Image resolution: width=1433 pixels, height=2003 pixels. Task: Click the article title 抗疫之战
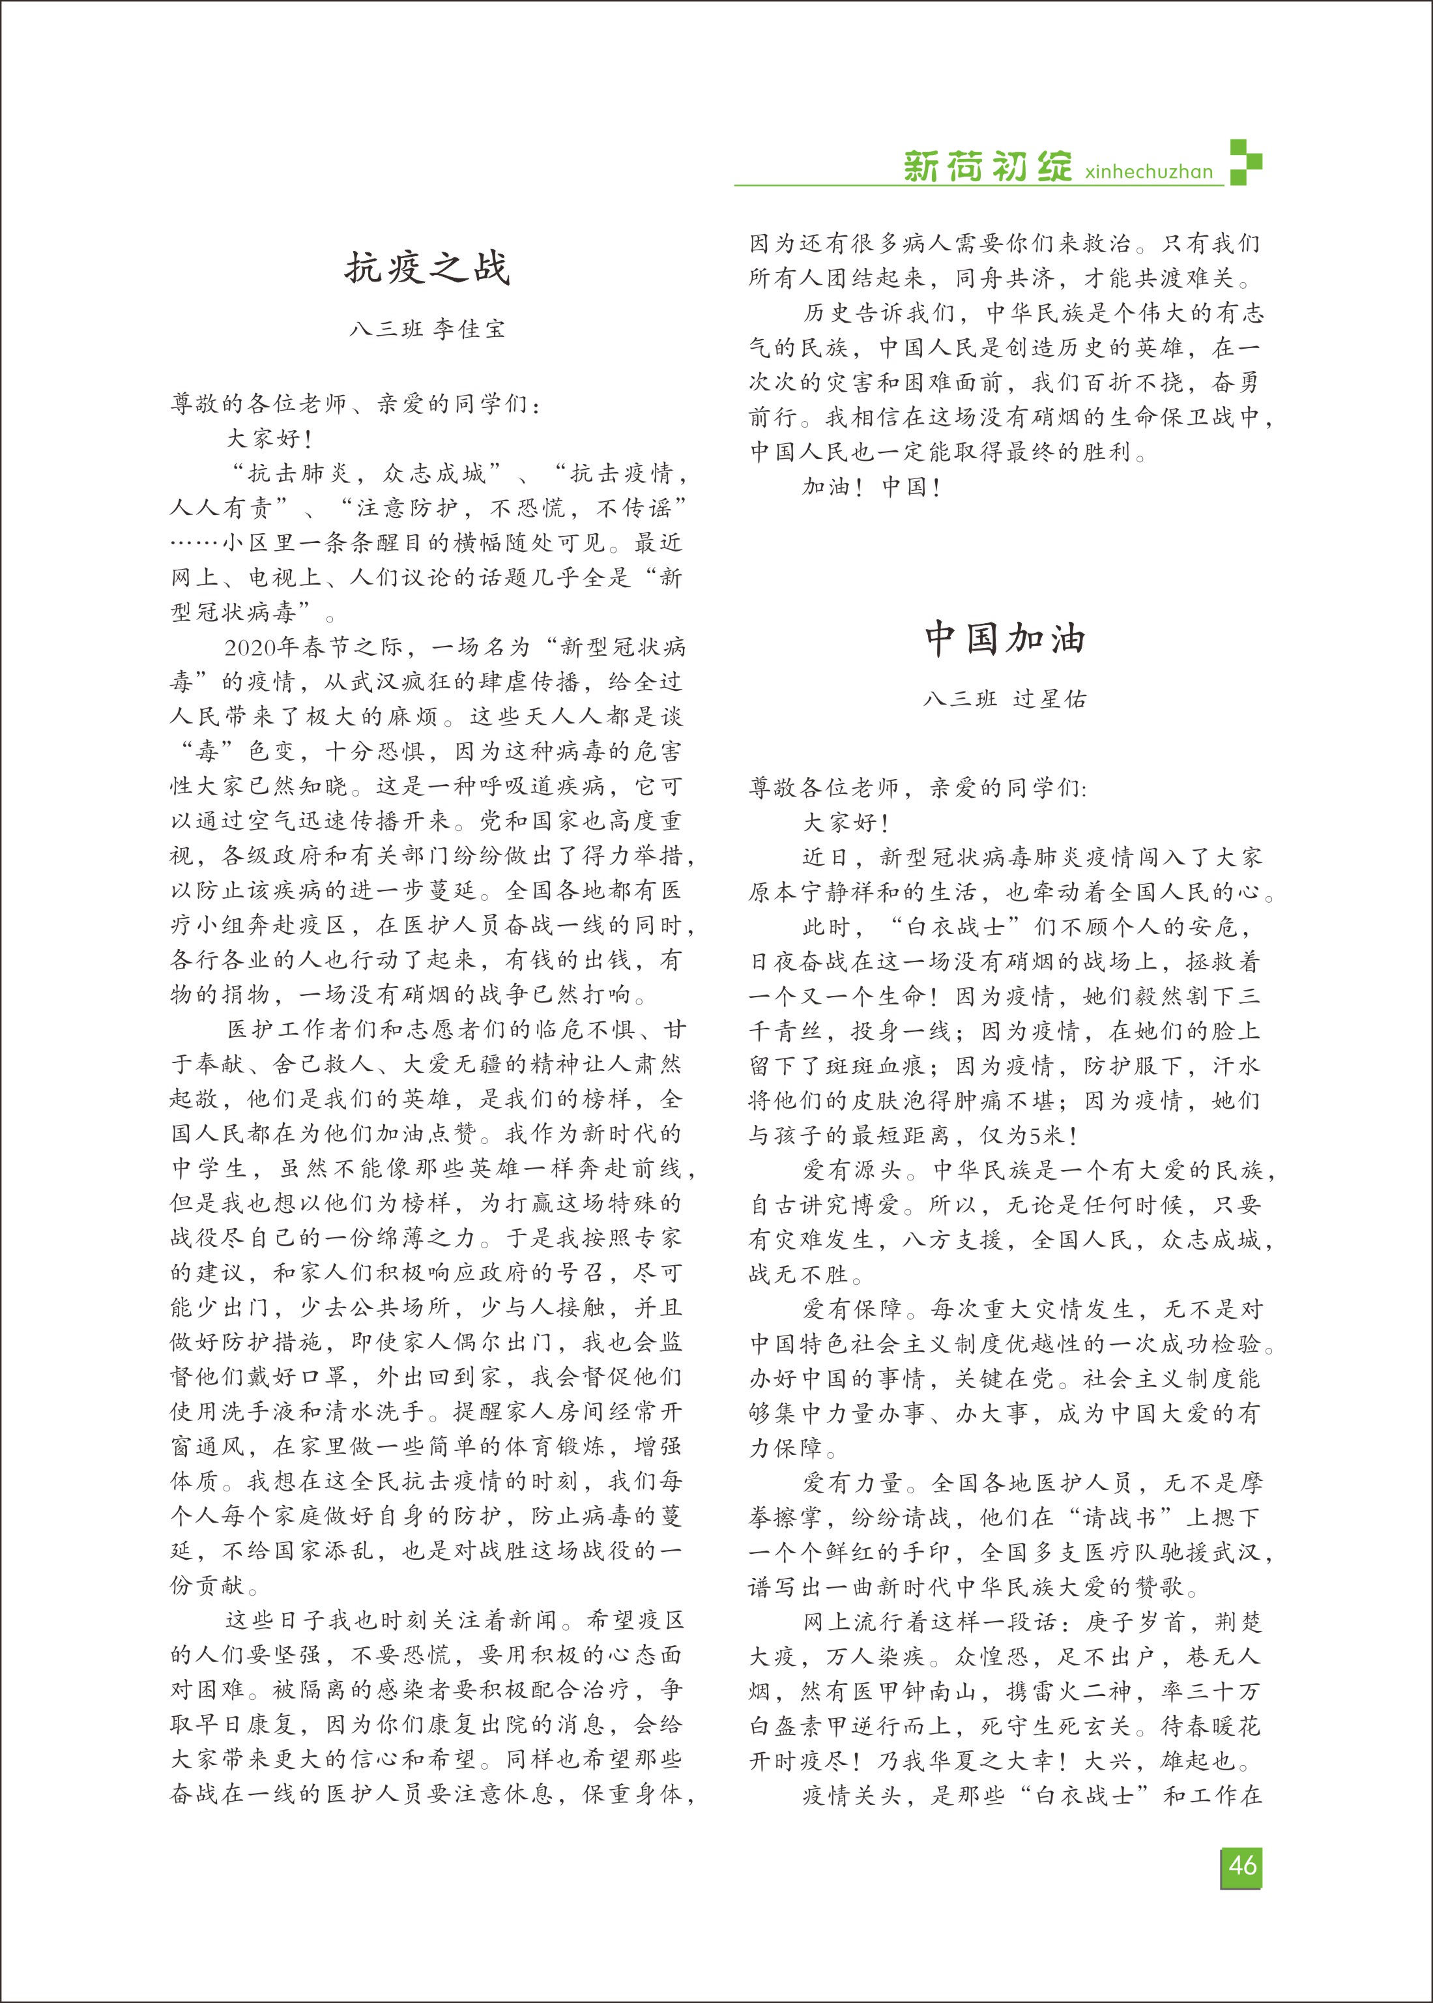point(427,267)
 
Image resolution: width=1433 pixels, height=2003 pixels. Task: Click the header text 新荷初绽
point(987,167)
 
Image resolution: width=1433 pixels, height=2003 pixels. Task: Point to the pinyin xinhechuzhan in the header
point(1149,172)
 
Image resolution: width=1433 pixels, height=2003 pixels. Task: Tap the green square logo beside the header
point(1245,162)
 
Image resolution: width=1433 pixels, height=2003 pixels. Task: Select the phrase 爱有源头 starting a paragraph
point(852,1171)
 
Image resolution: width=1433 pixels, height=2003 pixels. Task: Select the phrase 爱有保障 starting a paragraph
point(852,1309)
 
